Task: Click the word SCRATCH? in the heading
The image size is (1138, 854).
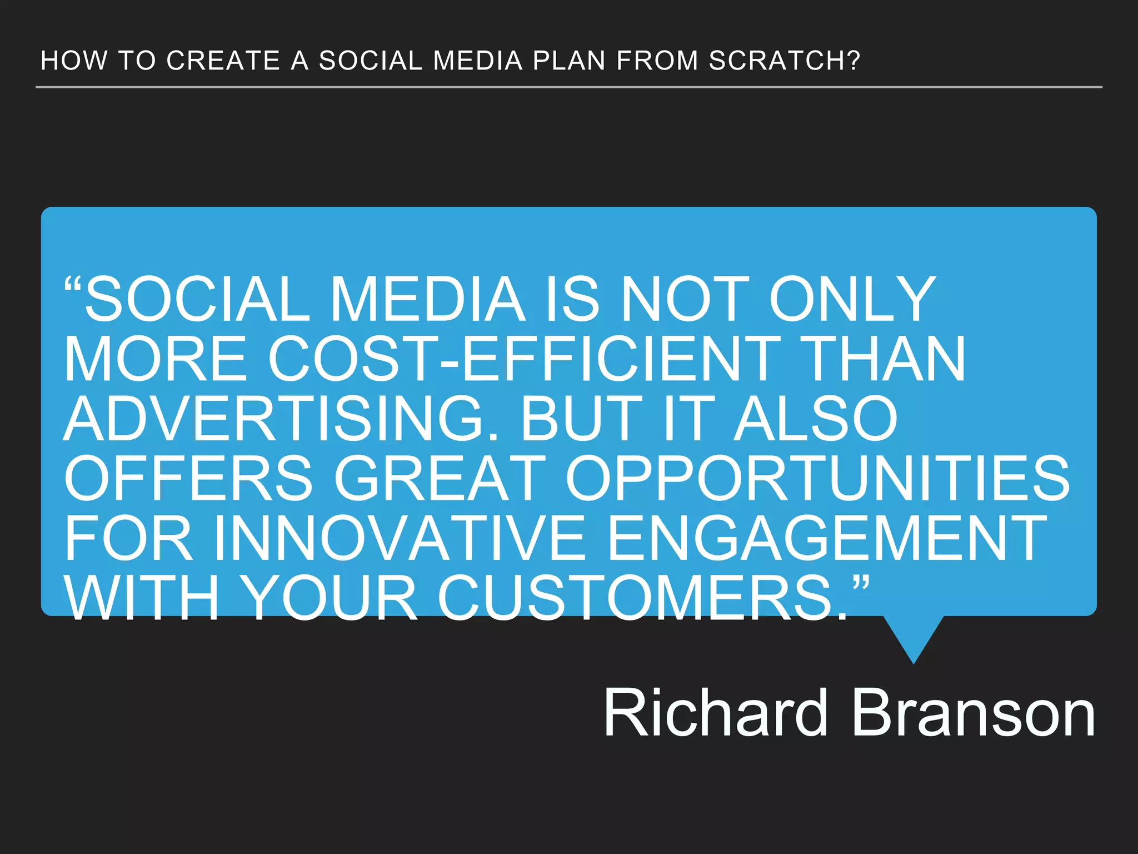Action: tap(784, 61)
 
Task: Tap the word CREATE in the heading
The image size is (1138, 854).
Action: tap(223, 61)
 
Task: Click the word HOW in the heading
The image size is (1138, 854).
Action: tap(74, 61)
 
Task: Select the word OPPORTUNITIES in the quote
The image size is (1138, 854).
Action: tap(817, 478)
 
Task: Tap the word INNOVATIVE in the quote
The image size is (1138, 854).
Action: tap(400, 538)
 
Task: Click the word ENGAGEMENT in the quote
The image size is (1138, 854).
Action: tap(827, 538)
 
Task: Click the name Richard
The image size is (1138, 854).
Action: tap(716, 713)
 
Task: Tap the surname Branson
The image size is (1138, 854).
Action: tap(972, 713)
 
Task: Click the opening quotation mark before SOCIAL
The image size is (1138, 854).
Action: tap(73, 286)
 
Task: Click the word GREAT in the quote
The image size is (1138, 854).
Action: tap(440, 478)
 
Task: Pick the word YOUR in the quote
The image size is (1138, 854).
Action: tap(331, 598)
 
